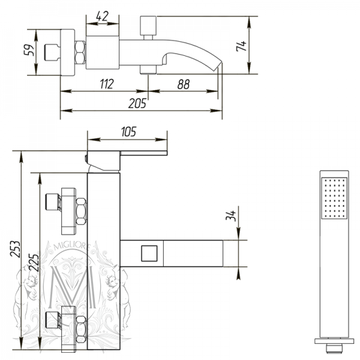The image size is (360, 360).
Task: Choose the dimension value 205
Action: pyautogui.click(x=137, y=103)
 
